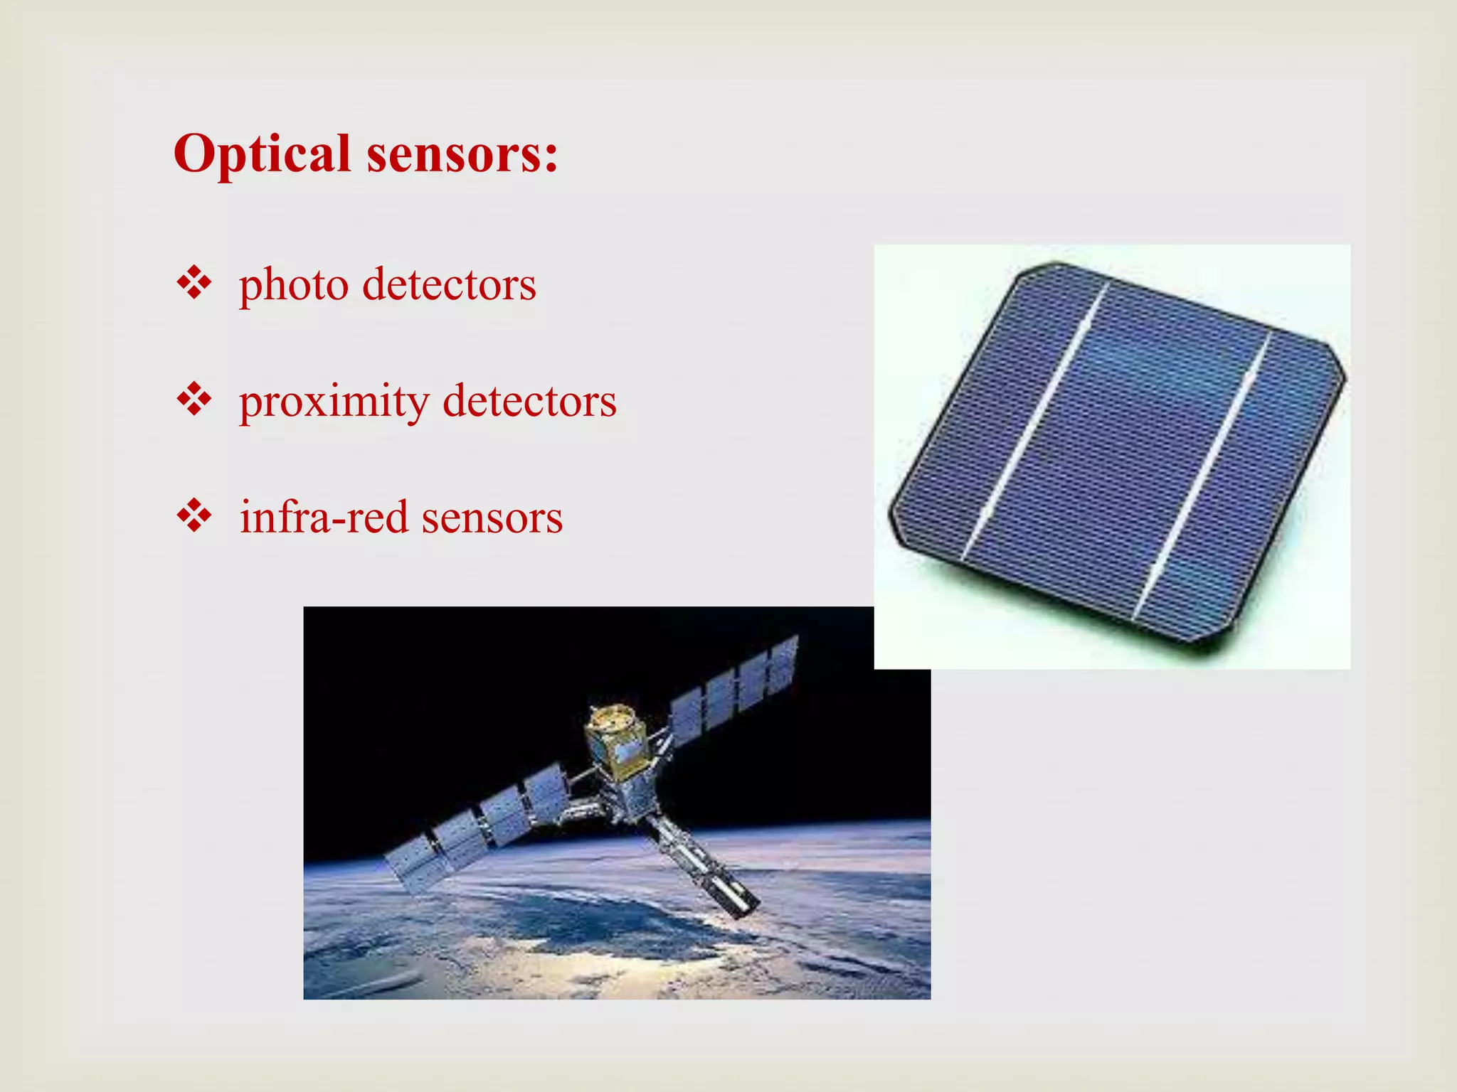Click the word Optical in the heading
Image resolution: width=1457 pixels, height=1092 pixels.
pos(262,154)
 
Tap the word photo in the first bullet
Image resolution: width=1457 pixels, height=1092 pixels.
pos(293,286)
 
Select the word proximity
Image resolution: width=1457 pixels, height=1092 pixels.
pos(334,402)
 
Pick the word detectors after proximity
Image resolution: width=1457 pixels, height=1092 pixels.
pos(529,402)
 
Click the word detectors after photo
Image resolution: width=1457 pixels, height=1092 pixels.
pos(449,285)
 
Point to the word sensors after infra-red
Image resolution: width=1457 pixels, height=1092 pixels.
pos(492,518)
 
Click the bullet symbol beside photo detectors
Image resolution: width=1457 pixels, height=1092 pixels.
pos(194,284)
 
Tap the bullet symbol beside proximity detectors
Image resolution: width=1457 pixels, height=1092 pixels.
pos(194,400)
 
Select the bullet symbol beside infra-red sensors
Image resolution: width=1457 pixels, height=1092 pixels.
pos(194,516)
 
